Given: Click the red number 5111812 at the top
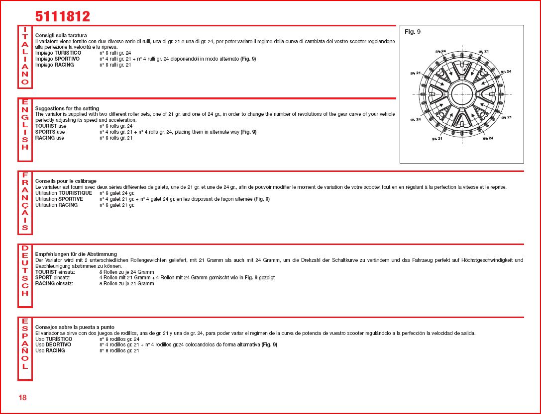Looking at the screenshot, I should tap(62, 16).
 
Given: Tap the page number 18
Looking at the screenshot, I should tap(23, 397).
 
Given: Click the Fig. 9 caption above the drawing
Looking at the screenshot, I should tap(413, 32).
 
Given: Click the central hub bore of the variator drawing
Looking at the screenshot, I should tap(462, 94).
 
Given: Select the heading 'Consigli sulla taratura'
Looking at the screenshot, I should tap(61, 35).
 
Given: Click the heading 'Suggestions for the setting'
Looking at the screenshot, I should tap(67, 108).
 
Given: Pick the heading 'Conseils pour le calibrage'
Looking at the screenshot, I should tap(66, 181).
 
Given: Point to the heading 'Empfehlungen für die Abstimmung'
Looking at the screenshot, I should tap(76, 254).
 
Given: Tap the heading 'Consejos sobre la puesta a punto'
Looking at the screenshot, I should tap(75, 327).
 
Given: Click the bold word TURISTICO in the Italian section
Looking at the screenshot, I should tap(68, 53).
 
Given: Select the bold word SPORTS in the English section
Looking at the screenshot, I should tap(45, 132).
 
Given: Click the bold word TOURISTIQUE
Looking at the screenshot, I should tap(75, 193).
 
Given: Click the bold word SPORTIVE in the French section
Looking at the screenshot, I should tap(71, 199).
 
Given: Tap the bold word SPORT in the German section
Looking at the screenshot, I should tap(43, 277).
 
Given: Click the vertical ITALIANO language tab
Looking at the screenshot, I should tap(25, 56).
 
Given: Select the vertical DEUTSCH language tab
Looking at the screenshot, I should tap(25, 271).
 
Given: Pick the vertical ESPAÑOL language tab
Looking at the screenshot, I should tap(25, 347).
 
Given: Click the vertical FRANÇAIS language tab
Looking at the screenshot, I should tap(25, 202).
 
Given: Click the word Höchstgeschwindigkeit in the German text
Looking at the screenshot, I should tap(493, 260).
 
